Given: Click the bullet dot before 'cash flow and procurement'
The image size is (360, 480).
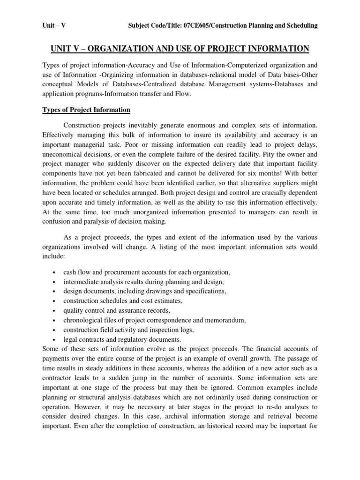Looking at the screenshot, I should (55, 273).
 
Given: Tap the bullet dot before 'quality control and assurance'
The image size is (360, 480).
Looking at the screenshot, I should (55, 311).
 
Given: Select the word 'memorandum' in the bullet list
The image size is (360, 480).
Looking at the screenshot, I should (225, 320).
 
